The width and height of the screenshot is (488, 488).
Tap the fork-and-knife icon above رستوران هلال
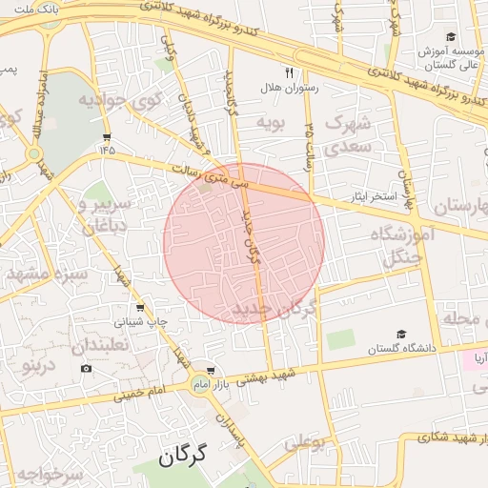click(289, 71)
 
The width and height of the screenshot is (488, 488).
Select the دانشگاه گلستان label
click(402, 349)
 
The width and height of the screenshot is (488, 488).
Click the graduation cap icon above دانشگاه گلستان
click(402, 334)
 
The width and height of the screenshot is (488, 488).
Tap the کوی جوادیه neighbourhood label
click(118, 99)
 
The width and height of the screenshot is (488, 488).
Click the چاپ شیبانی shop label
click(141, 322)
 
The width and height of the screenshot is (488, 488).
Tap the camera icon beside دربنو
click(87, 369)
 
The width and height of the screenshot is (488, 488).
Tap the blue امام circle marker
click(200, 382)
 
